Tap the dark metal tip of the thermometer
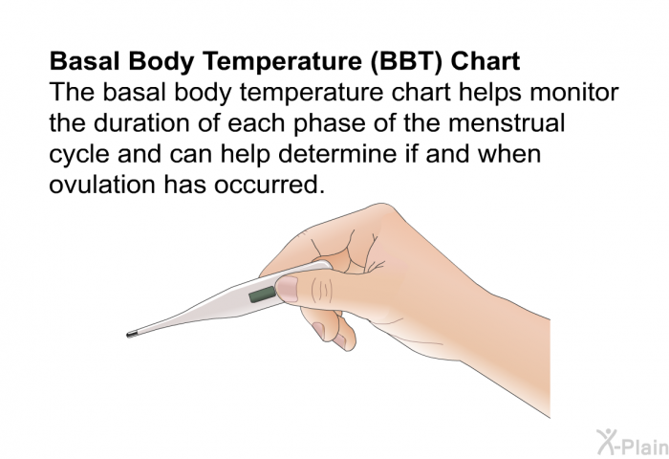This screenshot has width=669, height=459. pyautogui.click(x=132, y=334)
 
